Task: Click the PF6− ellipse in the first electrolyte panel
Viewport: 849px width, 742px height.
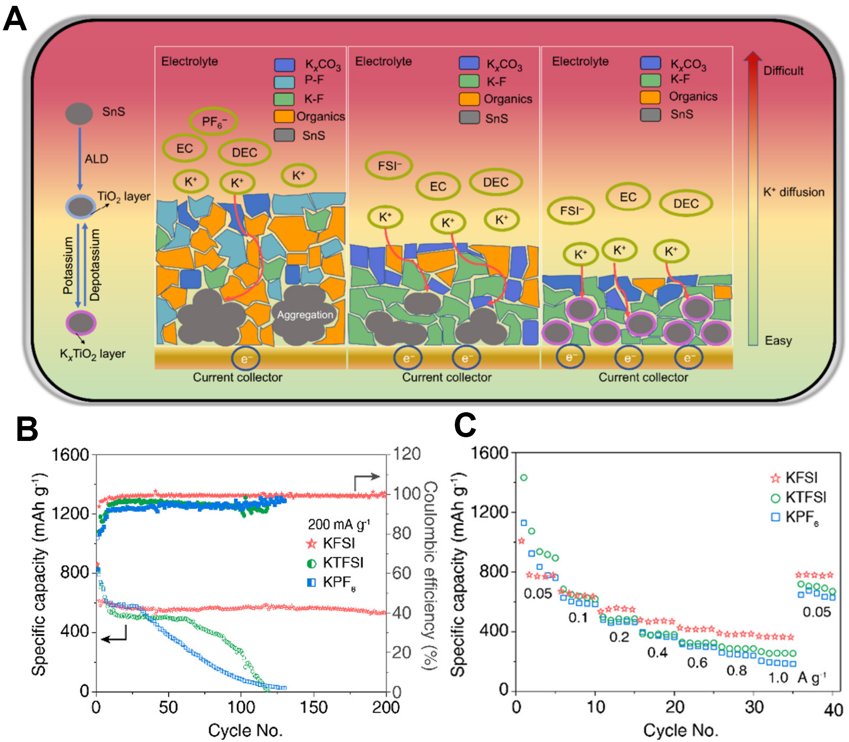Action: tap(213, 122)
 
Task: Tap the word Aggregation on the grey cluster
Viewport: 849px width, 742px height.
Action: tap(305, 314)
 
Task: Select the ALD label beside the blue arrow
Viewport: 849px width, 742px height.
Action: tap(96, 159)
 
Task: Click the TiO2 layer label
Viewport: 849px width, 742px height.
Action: tap(123, 196)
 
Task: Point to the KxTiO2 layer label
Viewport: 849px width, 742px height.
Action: tap(93, 354)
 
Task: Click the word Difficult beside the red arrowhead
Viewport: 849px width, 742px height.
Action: tap(783, 71)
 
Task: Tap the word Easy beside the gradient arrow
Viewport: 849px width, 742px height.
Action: tap(778, 340)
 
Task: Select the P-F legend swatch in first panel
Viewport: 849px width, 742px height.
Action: tap(285, 82)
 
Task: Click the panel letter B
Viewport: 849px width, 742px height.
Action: tap(27, 429)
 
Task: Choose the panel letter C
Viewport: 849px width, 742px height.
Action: tap(464, 426)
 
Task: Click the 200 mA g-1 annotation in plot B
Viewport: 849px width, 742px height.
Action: tap(338, 524)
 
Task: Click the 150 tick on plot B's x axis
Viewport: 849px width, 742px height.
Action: tap(313, 707)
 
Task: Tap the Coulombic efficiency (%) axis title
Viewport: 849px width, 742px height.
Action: tap(430, 574)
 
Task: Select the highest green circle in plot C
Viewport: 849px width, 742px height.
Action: tap(523, 478)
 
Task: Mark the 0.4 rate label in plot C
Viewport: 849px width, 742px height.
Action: tap(657, 652)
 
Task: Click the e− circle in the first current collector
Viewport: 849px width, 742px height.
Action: tap(245, 359)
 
